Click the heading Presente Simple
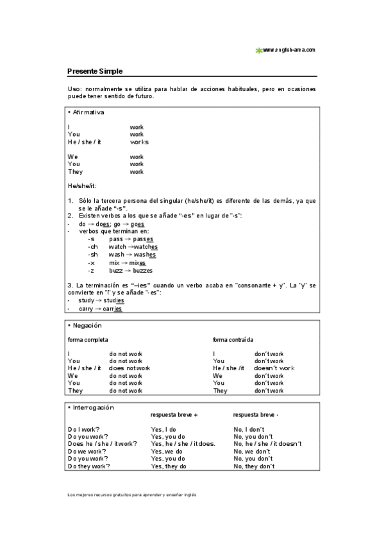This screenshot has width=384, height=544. click(95, 71)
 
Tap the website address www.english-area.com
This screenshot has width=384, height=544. click(288, 49)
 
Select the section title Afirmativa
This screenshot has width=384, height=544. click(88, 112)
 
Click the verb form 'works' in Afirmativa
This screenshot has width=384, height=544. click(138, 142)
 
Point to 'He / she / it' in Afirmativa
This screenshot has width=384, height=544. click(84, 142)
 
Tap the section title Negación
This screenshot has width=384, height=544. click(86, 325)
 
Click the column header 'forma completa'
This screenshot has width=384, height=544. click(88, 339)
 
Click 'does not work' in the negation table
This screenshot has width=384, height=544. click(129, 368)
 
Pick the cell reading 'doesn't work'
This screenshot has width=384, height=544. click(274, 368)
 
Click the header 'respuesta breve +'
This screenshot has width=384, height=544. click(174, 414)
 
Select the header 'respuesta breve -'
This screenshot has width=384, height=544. click(256, 414)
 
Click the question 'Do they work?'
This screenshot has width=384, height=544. click(88, 466)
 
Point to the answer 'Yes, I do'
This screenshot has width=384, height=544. click(163, 429)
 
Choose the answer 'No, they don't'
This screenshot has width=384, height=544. click(254, 466)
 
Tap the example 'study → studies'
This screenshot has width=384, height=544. click(101, 300)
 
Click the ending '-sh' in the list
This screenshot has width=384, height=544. click(93, 255)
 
